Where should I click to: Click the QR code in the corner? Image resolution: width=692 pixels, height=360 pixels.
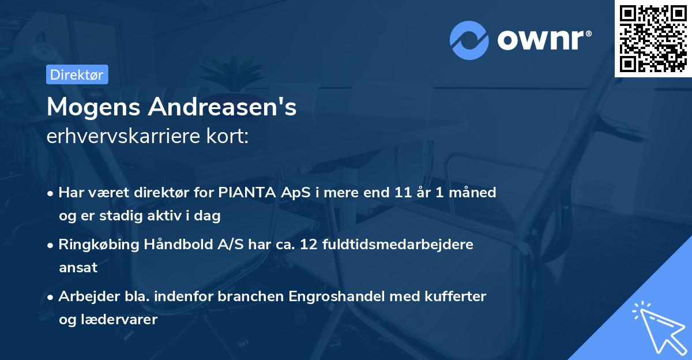pos(653,38)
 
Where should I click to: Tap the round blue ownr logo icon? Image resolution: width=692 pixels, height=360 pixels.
pos(469,40)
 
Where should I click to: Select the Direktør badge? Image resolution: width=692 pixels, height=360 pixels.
pos(77,74)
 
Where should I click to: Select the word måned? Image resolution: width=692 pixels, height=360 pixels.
pos(472,192)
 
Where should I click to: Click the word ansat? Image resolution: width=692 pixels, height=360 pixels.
pos(78,268)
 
